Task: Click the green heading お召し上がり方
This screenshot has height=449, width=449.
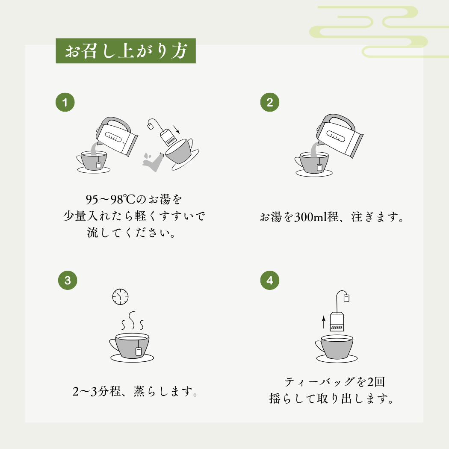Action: pos(126,51)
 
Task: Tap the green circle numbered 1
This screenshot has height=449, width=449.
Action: pos(65,102)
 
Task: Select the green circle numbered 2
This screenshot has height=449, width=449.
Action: pos(270,102)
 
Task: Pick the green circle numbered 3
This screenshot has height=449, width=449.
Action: pos(68,281)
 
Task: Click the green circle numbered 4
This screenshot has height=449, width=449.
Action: pos(270,281)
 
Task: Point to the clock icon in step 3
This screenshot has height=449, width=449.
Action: pos(120,297)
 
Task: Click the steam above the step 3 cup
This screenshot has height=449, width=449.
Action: pos(132,321)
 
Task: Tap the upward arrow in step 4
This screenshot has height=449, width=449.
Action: pos(324,322)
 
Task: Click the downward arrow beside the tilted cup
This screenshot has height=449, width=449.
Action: pos(177,130)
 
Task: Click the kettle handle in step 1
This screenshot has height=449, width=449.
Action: pos(115,122)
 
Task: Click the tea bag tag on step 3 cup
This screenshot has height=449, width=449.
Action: pos(139,352)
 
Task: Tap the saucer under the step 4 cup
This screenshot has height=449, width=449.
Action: pos(337,358)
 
